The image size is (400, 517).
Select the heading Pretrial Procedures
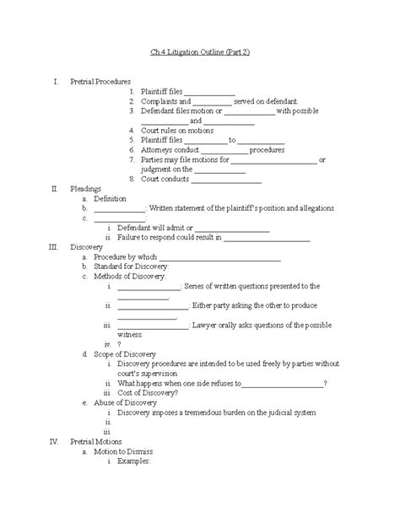click(100, 82)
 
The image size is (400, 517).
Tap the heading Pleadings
click(87, 189)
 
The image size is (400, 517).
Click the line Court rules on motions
click(177, 130)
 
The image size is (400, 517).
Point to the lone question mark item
click(120, 344)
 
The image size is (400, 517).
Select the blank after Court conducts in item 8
click(228, 179)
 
